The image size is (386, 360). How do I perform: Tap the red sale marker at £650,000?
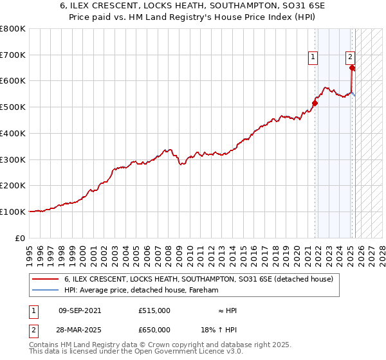pyautogui.click(x=353, y=67)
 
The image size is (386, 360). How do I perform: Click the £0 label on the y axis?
pyautogui.click(x=21, y=238)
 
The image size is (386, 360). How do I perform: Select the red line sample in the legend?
pyautogui.click(x=45, y=280)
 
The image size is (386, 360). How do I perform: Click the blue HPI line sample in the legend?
pyautogui.click(x=45, y=291)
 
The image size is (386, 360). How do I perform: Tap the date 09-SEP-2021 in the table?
pyautogui.click(x=79, y=310)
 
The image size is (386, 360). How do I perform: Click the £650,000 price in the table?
pyautogui.click(x=154, y=330)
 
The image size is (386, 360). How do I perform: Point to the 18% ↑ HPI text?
pyautogui.click(x=219, y=330)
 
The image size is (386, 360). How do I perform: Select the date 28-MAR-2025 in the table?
pyautogui.click(x=79, y=330)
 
